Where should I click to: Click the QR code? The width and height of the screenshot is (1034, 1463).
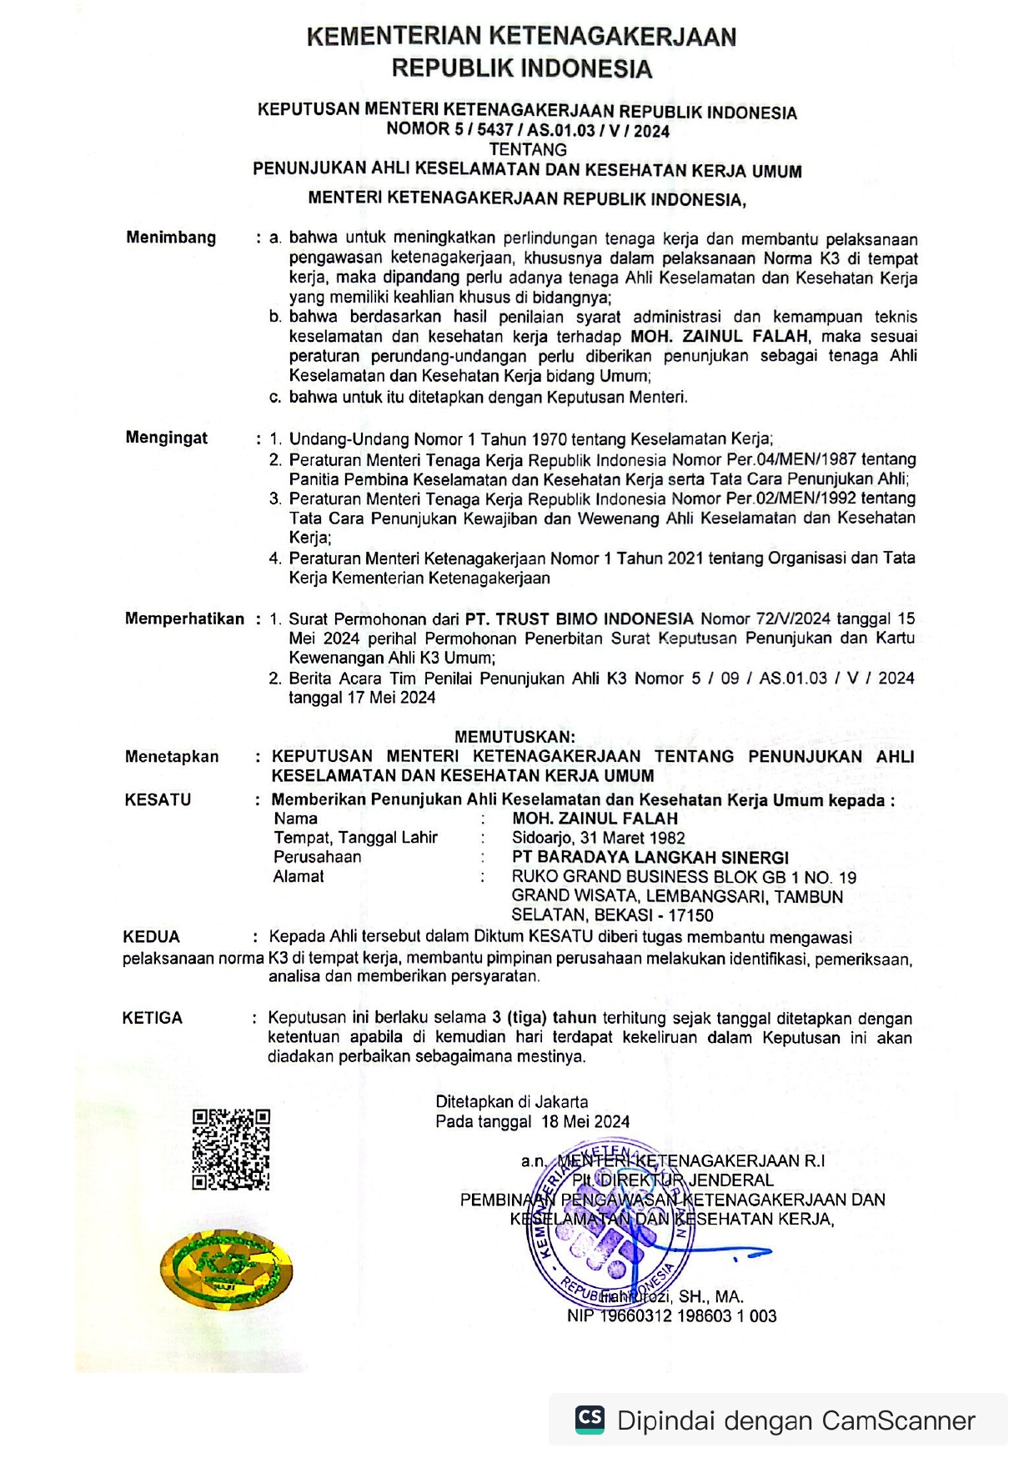coord(231,1149)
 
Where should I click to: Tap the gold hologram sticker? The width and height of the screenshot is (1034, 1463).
coord(226,1268)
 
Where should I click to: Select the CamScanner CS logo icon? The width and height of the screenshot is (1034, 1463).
coord(590,1420)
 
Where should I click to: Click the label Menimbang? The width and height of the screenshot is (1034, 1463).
coord(171,238)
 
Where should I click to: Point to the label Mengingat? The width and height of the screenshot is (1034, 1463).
coord(167,438)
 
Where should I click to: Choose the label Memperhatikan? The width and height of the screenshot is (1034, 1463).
coord(184,619)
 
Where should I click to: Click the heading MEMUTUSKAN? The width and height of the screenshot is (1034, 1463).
coord(514,737)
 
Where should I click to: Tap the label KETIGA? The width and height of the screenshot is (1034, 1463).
coord(152,1018)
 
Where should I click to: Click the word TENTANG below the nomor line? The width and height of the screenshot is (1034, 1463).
coord(527,150)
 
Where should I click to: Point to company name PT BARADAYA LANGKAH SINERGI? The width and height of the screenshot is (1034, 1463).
coord(650,857)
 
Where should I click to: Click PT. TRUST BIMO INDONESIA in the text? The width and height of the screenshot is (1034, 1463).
coord(579,619)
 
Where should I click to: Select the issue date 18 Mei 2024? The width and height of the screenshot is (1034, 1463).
coord(585,1121)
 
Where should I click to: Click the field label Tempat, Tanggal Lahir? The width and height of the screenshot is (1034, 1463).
coord(355,838)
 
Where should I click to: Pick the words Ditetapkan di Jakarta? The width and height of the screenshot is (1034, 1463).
coord(511,1102)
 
